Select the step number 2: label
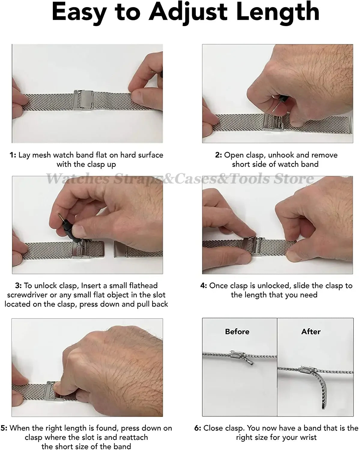(x=219, y=155)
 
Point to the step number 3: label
(x=18, y=286)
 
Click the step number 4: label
(x=204, y=286)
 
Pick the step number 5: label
(x=4, y=428)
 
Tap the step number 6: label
(x=198, y=428)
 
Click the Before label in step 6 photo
(x=237, y=331)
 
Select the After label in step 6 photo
(x=311, y=331)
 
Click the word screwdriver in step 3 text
(x=27, y=295)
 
